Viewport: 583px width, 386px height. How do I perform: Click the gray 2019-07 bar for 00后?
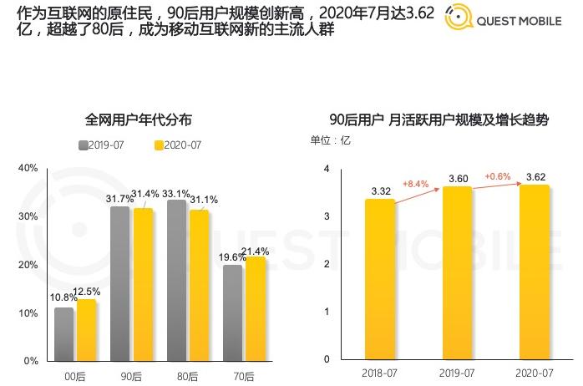(x=64, y=333)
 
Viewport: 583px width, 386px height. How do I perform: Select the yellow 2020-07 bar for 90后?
(x=144, y=284)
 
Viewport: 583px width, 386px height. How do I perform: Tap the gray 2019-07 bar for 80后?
(x=177, y=280)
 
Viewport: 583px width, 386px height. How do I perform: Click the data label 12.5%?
(x=88, y=292)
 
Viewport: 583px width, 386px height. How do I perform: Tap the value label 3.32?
(x=380, y=191)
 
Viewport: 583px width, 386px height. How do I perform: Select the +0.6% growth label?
(x=495, y=176)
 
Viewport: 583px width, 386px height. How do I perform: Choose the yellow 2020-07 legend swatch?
(x=160, y=145)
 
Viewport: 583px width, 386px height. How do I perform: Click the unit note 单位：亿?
(x=331, y=140)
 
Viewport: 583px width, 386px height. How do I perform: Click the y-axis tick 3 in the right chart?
(x=327, y=216)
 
